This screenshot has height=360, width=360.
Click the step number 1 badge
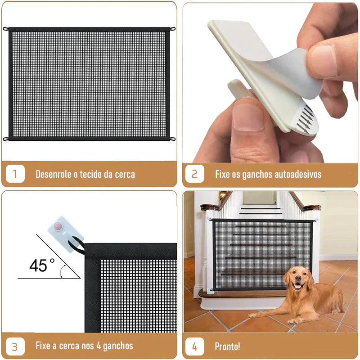click(15, 174)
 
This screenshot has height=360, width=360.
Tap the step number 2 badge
click(195, 174)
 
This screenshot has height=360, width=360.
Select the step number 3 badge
click(15, 346)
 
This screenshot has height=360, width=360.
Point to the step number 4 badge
click(195, 346)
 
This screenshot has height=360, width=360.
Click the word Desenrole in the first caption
click(53, 174)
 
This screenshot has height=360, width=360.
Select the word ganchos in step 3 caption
click(118, 346)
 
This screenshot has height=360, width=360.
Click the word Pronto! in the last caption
click(227, 346)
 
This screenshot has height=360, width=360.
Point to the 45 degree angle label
click(42, 265)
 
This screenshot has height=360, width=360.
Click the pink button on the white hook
click(58, 226)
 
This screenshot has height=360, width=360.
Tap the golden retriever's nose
click(298, 278)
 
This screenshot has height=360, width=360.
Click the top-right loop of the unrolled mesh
click(172, 29)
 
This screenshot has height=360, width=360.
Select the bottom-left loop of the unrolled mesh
click(6, 139)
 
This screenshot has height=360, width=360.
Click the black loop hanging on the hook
click(77, 246)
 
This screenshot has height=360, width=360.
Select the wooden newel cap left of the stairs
click(209, 207)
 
